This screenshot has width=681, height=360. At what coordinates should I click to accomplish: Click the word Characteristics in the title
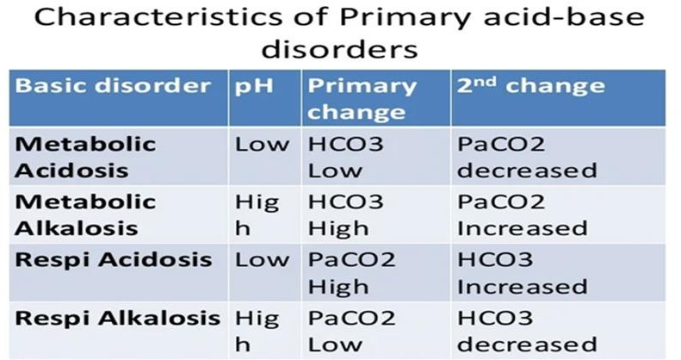[158, 18]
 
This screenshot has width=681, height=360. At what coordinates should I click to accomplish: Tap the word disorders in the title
[339, 49]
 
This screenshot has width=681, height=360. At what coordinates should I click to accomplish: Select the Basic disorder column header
[113, 85]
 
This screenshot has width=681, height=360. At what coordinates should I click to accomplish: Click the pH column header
[254, 87]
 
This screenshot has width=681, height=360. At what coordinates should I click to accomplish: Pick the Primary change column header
[362, 99]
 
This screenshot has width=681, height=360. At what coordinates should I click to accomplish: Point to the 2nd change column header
[530, 85]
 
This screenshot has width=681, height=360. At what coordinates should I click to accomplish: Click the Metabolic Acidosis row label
[85, 157]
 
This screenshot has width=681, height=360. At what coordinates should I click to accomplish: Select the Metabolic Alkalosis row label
[85, 215]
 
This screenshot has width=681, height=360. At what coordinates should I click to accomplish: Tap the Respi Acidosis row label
[114, 260]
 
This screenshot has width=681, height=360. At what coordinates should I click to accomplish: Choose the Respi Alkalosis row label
[118, 318]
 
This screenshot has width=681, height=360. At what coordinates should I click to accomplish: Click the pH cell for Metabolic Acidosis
[262, 144]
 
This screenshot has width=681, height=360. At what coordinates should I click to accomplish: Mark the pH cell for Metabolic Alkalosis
[257, 215]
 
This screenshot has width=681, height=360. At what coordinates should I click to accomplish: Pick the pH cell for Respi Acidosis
[262, 260]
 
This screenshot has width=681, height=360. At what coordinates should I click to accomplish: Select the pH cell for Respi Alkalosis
[257, 332]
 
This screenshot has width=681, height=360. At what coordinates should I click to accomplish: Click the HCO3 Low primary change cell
[346, 157]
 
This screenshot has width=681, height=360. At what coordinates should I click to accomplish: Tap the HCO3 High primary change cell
[346, 215]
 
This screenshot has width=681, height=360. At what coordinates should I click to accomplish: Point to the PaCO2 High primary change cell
[352, 273]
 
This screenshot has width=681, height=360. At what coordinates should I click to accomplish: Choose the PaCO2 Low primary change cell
[352, 332]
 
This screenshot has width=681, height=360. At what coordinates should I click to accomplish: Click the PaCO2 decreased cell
[527, 157]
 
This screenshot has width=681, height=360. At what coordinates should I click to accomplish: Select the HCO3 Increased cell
[522, 273]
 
